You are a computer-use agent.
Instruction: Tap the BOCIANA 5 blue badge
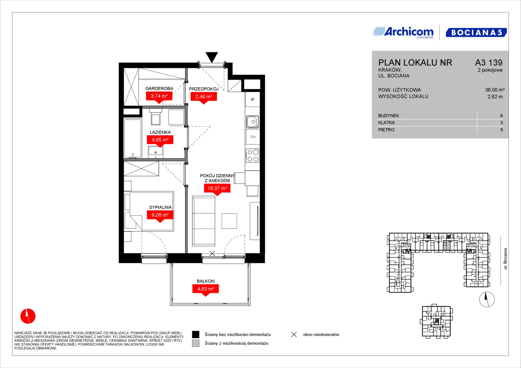tap(476, 32)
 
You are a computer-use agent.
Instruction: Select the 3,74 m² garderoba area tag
tap(159, 97)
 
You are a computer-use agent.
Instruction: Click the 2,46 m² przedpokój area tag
tap(204, 98)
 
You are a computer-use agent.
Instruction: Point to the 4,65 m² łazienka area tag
tap(160, 141)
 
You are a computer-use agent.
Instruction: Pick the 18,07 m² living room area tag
tap(217, 189)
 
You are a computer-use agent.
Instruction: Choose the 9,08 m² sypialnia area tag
tap(160, 216)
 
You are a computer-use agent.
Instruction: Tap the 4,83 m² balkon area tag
tap(206, 290)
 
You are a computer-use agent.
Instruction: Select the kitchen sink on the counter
tap(252, 122)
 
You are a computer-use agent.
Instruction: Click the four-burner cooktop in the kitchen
tap(252, 155)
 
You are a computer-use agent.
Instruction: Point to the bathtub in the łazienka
tap(133, 138)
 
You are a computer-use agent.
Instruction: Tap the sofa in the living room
tap(203, 221)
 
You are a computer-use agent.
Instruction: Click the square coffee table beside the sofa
tap(229, 221)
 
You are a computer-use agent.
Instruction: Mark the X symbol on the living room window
tap(212, 254)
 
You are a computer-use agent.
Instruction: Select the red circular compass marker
tap(28, 316)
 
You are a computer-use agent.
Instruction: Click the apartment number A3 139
tap(489, 62)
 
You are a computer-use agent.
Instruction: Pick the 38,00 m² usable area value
tap(495, 90)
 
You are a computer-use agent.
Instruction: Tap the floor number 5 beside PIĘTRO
tap(502, 130)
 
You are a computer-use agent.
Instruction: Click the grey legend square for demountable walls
tap(196, 343)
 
